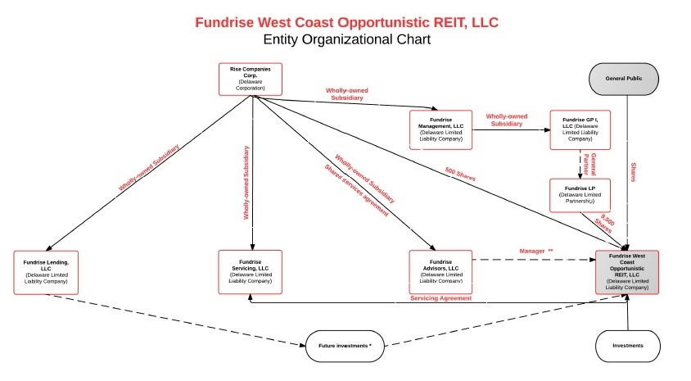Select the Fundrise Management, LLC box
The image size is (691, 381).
(441, 129)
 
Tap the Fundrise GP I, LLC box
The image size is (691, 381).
(580, 129)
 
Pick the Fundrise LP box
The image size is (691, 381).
(580, 197)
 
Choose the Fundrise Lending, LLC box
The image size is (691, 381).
(47, 271)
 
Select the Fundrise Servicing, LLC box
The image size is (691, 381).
(251, 271)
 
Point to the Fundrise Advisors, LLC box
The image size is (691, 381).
(441, 271)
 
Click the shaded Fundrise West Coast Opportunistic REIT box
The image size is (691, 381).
(628, 271)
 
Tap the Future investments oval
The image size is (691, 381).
(345, 346)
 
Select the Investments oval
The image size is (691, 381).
(628, 346)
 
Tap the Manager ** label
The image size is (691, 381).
(536, 250)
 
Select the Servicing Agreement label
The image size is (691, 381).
(440, 298)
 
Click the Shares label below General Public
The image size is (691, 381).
(635, 172)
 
